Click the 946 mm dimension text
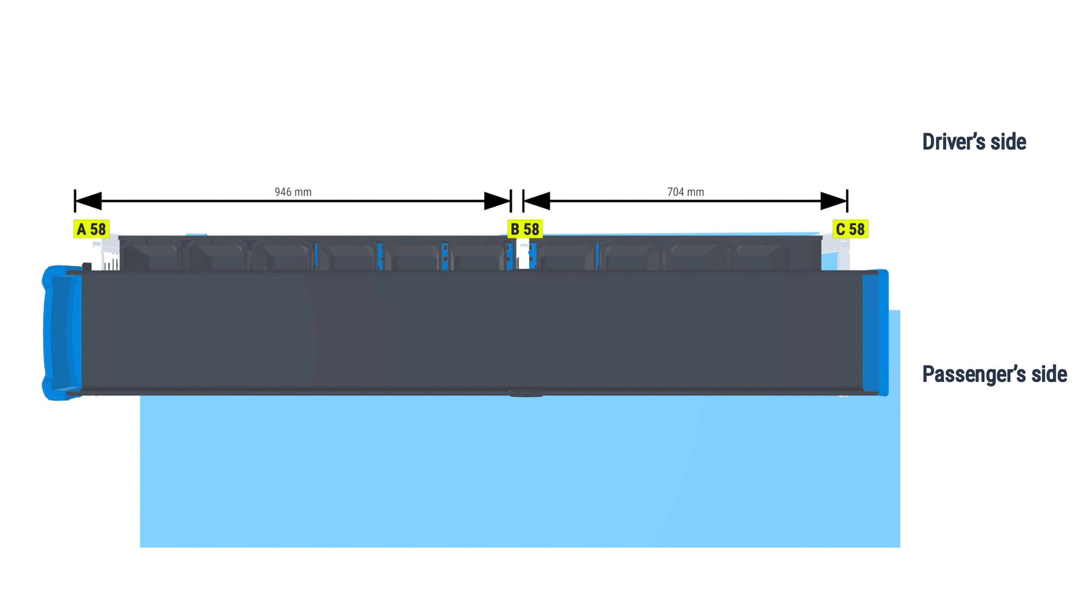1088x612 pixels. (x=293, y=192)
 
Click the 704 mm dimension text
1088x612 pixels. (x=685, y=192)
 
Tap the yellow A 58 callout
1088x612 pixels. (x=91, y=229)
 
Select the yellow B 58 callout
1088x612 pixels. (x=525, y=229)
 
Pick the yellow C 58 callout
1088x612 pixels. (x=850, y=229)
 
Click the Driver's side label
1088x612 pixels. (x=974, y=142)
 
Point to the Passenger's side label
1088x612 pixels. (x=994, y=374)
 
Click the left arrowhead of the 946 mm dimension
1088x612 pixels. (x=88, y=201)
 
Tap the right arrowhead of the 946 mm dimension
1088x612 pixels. (x=497, y=201)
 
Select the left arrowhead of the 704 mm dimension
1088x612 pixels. (x=537, y=201)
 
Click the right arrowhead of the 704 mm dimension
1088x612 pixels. (x=834, y=201)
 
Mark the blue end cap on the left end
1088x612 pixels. (x=62, y=333)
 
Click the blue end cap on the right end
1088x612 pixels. (x=875, y=333)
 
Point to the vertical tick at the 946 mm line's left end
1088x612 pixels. (x=75, y=201)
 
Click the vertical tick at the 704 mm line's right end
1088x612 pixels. (x=847, y=201)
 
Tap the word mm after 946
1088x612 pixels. (x=303, y=192)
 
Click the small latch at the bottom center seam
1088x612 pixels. (x=526, y=394)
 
